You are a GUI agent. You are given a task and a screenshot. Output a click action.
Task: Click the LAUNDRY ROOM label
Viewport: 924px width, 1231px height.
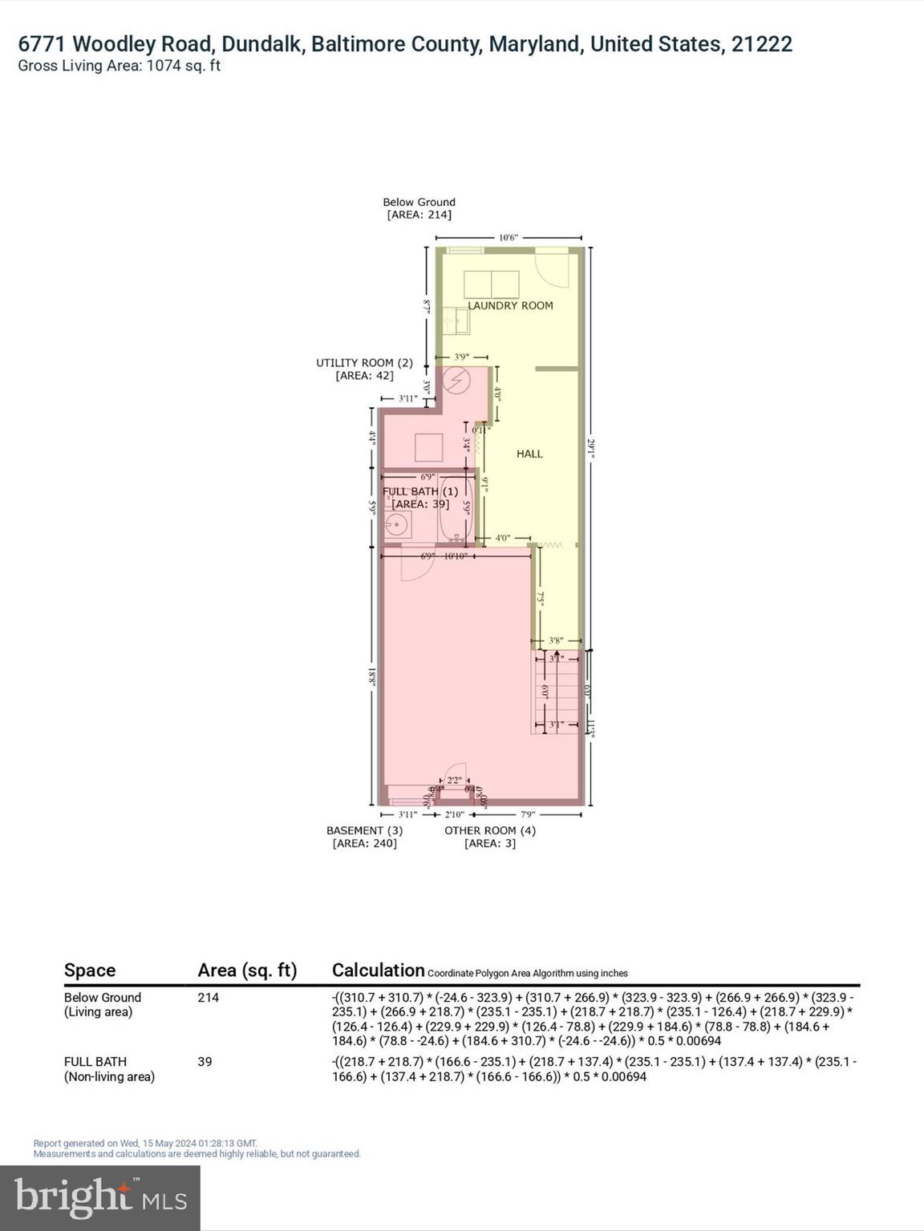click(x=510, y=305)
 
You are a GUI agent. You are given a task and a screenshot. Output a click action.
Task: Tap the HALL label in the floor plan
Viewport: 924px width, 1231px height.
click(x=529, y=454)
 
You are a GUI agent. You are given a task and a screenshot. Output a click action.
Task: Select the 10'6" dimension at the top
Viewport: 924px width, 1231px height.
click(x=509, y=237)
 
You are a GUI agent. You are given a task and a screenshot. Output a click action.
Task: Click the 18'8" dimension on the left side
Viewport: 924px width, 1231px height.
click(x=372, y=676)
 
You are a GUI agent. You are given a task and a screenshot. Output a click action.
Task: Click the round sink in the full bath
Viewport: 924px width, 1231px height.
click(x=396, y=526)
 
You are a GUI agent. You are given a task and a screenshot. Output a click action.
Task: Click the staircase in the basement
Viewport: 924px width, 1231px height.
click(x=556, y=692)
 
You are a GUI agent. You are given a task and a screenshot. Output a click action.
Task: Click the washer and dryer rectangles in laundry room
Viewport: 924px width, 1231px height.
click(x=491, y=285)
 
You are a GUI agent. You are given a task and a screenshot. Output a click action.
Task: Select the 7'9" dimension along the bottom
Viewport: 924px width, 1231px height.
click(x=528, y=814)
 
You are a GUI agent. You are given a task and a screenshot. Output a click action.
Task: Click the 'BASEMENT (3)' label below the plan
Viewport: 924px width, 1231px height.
click(x=364, y=830)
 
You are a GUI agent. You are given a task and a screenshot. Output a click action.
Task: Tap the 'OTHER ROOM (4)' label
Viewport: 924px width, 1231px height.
click(x=490, y=830)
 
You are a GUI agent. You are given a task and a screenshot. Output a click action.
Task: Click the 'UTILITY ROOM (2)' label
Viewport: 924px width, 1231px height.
click(x=364, y=362)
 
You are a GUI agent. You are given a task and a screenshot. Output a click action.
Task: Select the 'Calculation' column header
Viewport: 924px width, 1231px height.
click(x=378, y=970)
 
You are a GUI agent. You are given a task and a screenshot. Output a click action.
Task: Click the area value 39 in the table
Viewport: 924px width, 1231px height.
click(x=205, y=1061)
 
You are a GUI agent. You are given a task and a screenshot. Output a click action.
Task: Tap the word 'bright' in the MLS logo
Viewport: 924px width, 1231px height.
click(x=74, y=1197)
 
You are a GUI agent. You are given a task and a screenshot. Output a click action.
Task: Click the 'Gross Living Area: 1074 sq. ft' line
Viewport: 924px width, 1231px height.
click(x=119, y=66)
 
